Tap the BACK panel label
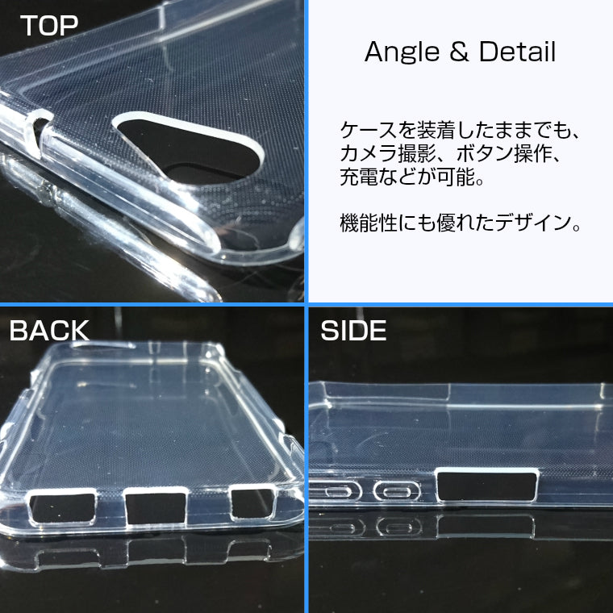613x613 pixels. coord(49,330)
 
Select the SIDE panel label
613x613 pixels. coord(353,330)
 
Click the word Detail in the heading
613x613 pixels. coord(517,52)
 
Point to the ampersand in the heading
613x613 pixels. coord(457,52)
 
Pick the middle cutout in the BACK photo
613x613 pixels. coord(156,506)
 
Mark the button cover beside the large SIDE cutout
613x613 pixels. coord(398,490)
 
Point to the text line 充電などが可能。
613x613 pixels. coord(412,176)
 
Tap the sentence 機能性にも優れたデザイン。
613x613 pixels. coord(460,223)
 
